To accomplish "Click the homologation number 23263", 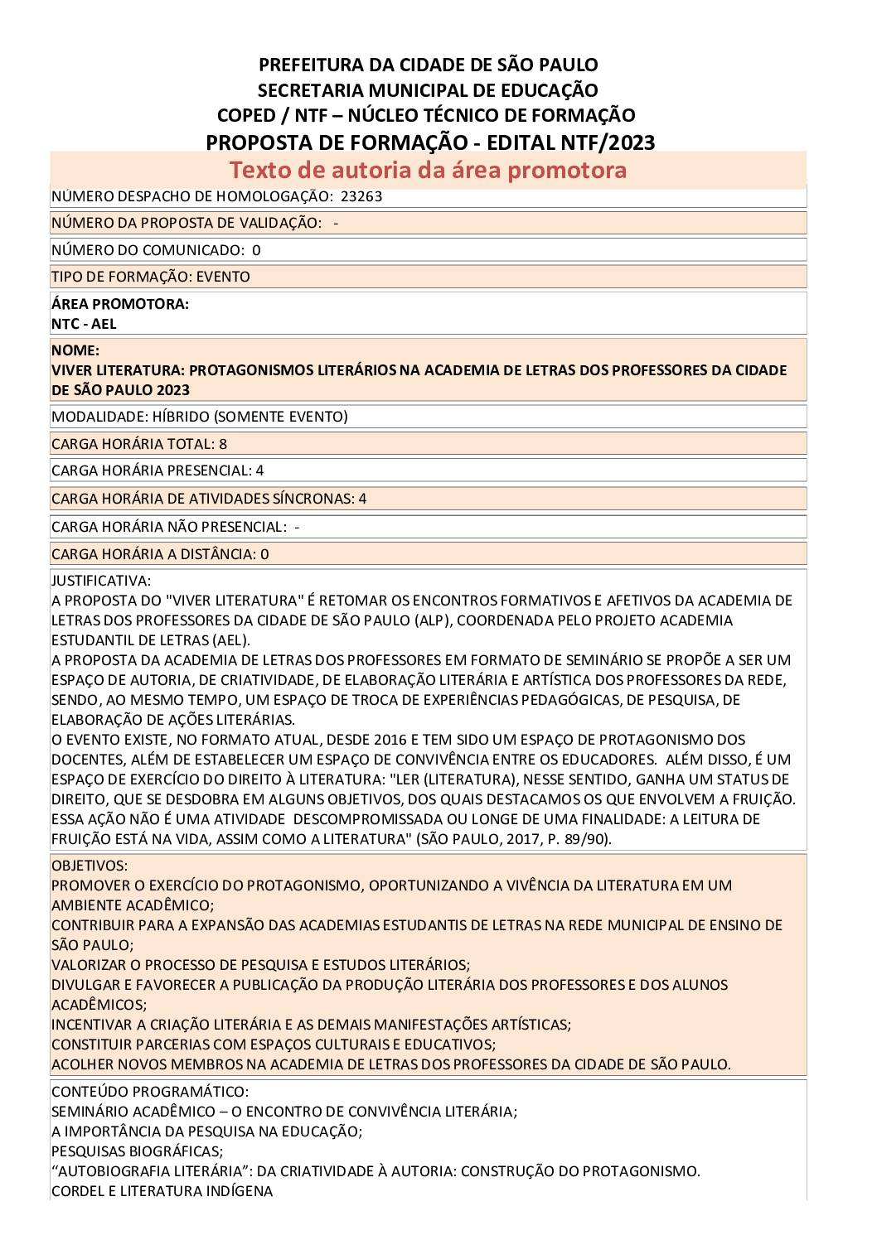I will click(x=361, y=196).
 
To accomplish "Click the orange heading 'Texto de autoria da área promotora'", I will click(x=428, y=170).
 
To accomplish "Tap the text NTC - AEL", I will click(x=84, y=324).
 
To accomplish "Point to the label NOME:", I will click(x=75, y=350).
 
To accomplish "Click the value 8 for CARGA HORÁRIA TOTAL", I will click(x=223, y=444).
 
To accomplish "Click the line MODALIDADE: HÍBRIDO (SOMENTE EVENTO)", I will click(x=200, y=417).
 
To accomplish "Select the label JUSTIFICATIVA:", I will click(x=101, y=581).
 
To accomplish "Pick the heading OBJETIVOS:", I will click(x=90, y=866).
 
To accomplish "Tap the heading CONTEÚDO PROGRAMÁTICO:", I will click(x=150, y=1092).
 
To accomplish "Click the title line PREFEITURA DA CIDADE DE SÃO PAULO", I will click(x=428, y=65).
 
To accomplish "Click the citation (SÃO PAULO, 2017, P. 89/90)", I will click(x=514, y=839).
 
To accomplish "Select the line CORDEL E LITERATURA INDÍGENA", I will click(x=162, y=1191).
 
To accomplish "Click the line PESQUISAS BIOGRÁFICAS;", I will click(x=137, y=1151).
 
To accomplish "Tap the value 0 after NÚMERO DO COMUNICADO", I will click(x=256, y=250).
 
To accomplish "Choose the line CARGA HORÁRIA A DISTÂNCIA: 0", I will click(x=160, y=554).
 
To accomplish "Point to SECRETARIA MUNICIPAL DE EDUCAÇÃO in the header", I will click(x=428, y=90).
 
